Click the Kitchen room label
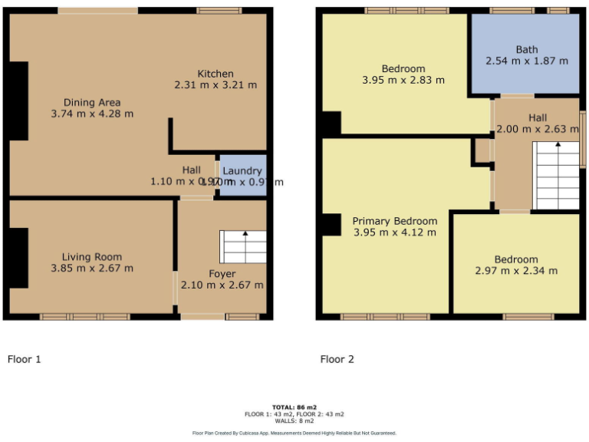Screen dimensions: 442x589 pyautogui.click(x=215, y=74)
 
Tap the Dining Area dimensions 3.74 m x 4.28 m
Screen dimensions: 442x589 pyautogui.click(x=92, y=114)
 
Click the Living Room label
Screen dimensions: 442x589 pyautogui.click(x=92, y=257)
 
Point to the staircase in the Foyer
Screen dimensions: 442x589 pyautogui.click(x=243, y=246)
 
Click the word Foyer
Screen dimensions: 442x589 pyautogui.click(x=222, y=274)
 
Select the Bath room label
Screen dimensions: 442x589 pyautogui.click(x=526, y=50)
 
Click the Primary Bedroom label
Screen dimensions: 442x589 pyautogui.click(x=394, y=221)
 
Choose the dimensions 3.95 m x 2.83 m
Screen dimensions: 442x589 pyautogui.click(x=403, y=80)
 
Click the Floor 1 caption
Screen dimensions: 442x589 pyautogui.click(x=24, y=358)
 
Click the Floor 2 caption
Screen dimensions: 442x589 pyautogui.click(x=337, y=358)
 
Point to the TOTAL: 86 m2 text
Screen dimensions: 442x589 pyautogui.click(x=294, y=407)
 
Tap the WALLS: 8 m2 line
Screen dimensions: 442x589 pyautogui.click(x=294, y=420)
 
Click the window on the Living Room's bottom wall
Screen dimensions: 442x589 pyautogui.click(x=84, y=316)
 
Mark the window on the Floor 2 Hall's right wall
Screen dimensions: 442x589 pyautogui.click(x=582, y=140)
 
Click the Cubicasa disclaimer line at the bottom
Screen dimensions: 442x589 pyautogui.click(x=294, y=433)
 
